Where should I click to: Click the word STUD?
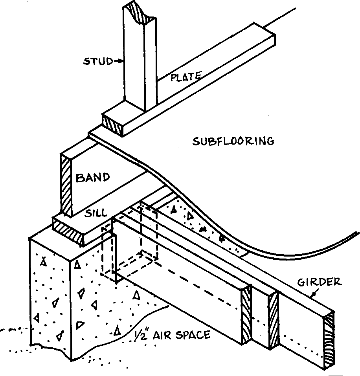[x=97, y=61]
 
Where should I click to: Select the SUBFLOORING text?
[x=233, y=141]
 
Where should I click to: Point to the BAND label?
[x=92, y=178]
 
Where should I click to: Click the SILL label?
[x=96, y=213]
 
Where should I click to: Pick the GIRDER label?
[x=319, y=282]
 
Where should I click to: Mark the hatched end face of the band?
[x=66, y=185]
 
